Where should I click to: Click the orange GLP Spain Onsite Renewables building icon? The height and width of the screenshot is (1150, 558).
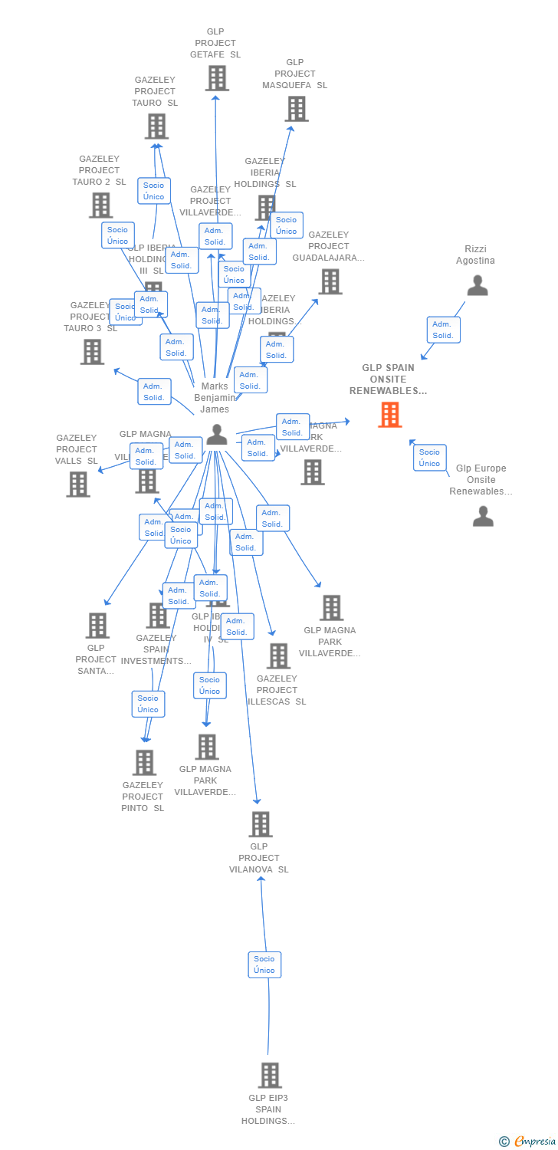(389, 415)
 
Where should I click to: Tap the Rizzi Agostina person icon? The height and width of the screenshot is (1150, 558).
(478, 285)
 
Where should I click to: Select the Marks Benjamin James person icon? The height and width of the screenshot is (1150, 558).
(217, 435)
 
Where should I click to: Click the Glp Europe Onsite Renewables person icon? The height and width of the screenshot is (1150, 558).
(483, 516)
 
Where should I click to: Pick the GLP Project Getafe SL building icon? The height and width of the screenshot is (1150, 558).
(217, 78)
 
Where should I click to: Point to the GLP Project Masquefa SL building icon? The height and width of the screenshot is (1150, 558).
(297, 109)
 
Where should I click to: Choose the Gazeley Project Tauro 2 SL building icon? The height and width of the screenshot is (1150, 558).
(100, 205)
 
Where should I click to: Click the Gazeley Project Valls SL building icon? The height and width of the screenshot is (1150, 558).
(78, 485)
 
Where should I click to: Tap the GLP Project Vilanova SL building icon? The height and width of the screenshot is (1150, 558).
(261, 824)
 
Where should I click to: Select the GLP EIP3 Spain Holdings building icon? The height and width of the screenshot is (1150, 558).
(269, 1076)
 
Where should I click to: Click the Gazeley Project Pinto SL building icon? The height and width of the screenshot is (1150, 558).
(144, 763)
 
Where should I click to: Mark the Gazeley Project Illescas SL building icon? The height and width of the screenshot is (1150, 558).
(278, 656)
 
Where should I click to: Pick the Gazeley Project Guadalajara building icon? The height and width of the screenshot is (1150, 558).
(330, 281)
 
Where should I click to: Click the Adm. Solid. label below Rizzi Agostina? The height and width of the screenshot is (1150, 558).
(443, 330)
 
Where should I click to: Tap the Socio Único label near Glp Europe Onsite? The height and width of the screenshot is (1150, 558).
(429, 458)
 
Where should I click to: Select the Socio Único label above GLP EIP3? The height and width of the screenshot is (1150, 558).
(264, 964)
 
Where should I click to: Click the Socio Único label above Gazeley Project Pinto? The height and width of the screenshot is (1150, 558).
(148, 704)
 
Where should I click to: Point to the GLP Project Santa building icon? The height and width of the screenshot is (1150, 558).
(97, 626)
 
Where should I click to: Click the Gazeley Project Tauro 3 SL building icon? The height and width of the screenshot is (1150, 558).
(92, 352)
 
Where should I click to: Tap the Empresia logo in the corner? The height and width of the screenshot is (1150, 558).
(527, 1142)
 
